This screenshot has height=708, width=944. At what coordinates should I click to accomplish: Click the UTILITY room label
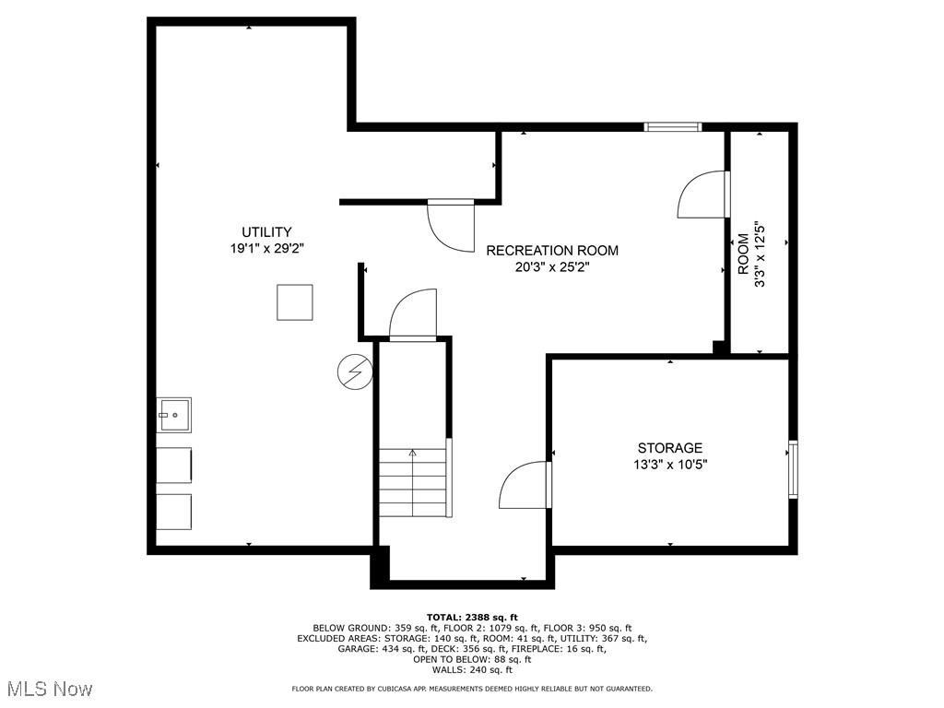click(266, 231)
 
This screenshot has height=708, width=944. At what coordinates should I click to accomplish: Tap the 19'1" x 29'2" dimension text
click(266, 248)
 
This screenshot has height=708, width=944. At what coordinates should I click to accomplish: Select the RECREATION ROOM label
click(552, 250)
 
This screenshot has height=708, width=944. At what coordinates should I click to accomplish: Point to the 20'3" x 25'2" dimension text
click(552, 266)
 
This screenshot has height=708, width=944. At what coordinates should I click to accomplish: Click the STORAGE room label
click(669, 448)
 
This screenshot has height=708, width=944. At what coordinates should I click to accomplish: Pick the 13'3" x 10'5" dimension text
click(669, 465)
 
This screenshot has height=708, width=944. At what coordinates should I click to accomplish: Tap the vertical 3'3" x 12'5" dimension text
click(760, 254)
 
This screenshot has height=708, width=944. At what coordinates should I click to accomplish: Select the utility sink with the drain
click(173, 416)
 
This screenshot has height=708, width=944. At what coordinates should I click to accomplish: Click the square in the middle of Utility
click(294, 302)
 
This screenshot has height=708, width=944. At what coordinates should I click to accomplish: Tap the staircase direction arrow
click(413, 453)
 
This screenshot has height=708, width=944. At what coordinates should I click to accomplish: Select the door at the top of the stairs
click(413, 316)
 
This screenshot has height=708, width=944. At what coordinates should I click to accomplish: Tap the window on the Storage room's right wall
click(793, 470)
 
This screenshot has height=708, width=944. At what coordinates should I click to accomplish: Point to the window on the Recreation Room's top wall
click(673, 126)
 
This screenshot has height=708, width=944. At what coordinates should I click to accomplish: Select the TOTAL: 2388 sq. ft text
click(472, 617)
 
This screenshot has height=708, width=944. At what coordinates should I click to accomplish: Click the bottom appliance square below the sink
click(173, 512)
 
